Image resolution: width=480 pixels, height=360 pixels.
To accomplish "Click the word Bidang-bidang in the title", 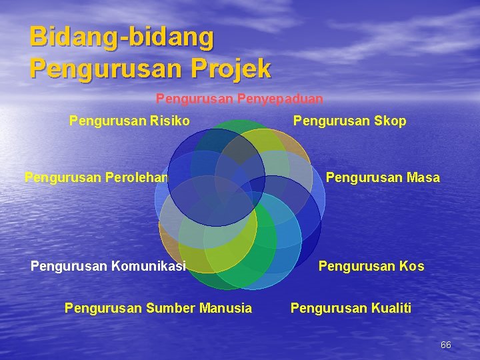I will (122, 37).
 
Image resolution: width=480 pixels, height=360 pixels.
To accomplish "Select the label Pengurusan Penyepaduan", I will (239, 99).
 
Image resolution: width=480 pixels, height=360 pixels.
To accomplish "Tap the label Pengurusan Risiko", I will (129, 121).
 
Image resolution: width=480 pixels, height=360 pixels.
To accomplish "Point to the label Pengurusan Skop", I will (349, 121).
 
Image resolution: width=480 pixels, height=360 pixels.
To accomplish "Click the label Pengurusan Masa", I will (382, 177).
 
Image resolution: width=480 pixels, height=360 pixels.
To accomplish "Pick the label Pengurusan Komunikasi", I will (108, 267).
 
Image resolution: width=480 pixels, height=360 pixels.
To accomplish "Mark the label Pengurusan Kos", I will (371, 267).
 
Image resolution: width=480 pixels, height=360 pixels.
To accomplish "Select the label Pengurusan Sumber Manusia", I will (158, 308).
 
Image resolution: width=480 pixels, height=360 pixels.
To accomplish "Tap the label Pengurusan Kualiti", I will (351, 308).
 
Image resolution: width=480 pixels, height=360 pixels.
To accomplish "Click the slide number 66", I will (446, 345).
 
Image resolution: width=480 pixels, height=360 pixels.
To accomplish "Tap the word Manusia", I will (227, 308).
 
